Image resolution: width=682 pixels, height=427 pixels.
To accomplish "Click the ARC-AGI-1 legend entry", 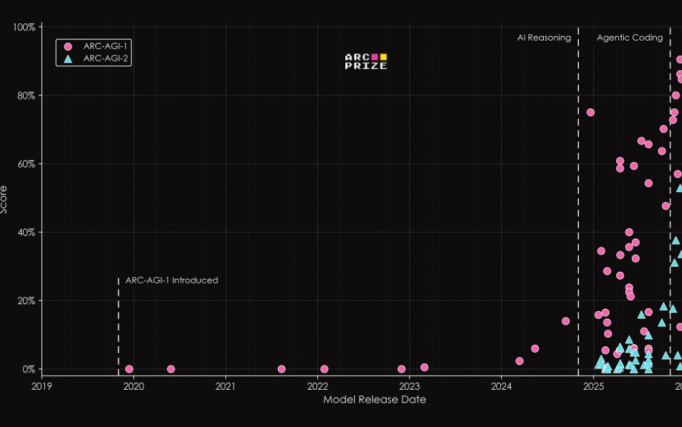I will coord(93,46).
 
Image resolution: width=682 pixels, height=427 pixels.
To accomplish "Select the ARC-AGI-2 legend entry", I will coord(93,58).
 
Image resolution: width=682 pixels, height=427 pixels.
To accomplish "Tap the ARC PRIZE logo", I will coord(366,62).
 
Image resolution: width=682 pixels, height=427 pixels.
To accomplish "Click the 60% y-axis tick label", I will coord(26,164).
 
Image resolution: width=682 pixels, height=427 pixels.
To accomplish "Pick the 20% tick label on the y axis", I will coord(26,301).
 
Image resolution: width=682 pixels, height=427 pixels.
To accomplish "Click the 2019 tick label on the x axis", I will coord(41,386).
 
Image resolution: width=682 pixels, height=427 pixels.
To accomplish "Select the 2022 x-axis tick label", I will coord(317,386).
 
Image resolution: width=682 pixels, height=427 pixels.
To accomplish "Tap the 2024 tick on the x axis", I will coord(502,386).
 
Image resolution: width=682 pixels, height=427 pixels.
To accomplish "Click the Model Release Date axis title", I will coord(374,400).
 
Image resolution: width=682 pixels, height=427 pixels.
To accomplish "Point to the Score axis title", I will coord(6,199).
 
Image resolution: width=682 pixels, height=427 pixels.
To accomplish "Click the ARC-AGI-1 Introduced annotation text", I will coord(172,280).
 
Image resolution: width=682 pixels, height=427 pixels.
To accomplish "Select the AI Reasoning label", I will coord(544,38).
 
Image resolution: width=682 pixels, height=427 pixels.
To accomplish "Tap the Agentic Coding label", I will coord(629,38).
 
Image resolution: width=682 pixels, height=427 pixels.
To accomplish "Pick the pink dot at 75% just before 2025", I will coord(590,112).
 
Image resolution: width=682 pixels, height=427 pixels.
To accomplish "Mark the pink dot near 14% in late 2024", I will coord(566,321).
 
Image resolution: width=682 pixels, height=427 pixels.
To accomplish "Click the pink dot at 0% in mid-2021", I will coord(281,369).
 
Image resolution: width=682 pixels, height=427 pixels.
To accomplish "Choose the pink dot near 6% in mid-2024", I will coord(535,348).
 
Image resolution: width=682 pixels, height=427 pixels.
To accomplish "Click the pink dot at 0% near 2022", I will coord(324,369).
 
